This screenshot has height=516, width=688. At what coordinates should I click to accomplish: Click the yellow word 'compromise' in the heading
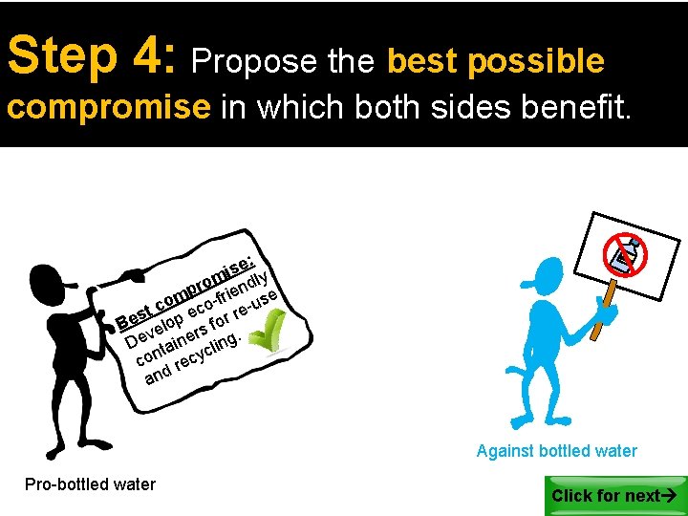(108, 107)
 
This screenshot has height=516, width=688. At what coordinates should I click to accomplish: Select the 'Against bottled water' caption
(556, 451)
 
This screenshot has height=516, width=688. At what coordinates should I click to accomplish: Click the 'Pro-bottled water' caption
(90, 484)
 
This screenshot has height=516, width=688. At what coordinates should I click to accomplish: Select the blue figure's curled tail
(515, 374)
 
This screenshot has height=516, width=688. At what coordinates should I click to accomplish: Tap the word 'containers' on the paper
(171, 344)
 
